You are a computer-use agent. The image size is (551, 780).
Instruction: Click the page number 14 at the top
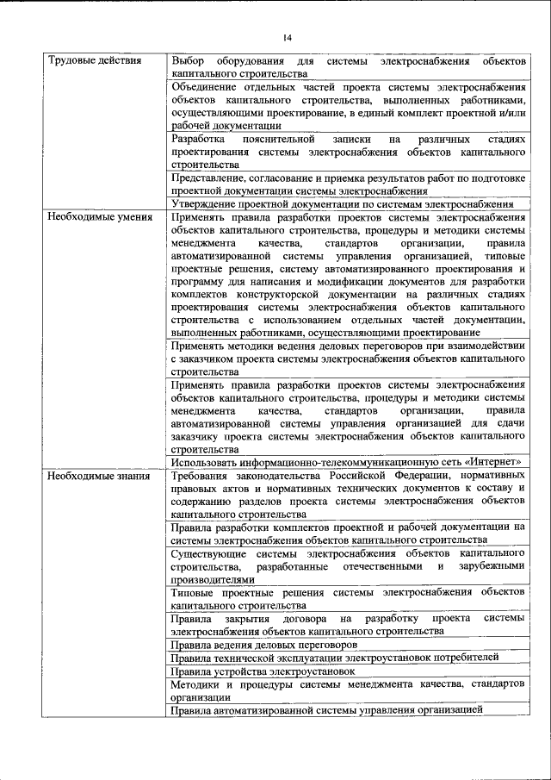[288, 38]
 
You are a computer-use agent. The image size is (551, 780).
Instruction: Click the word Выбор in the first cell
[188, 62]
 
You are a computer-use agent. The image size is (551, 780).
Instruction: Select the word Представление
[208, 177]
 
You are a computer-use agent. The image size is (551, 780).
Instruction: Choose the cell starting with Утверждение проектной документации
[343, 203]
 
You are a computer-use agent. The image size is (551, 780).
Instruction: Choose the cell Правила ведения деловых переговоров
[263, 645]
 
